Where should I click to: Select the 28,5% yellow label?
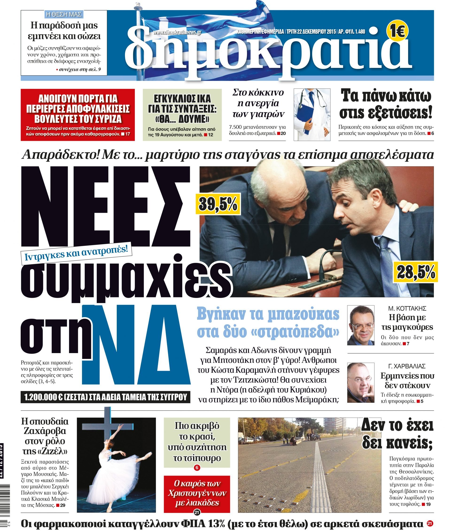pos(416,272)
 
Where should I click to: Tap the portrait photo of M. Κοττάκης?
pos(361,325)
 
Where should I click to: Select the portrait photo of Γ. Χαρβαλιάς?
pos(361,382)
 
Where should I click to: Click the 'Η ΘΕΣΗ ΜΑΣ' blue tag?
pos(64,14)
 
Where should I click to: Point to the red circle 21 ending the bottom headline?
pos(430,524)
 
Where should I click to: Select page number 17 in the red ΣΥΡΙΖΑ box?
pos(128,134)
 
